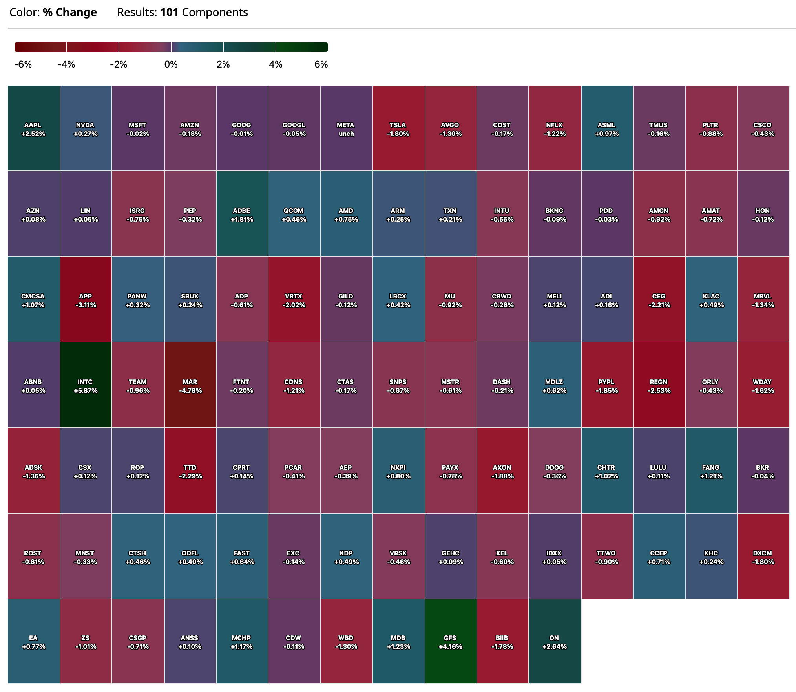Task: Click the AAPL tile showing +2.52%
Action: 33,128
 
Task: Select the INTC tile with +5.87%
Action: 86,385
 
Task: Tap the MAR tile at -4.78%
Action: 190,385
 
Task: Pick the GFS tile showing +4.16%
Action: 450,642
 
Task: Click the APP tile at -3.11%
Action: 86,300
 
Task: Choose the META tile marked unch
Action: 346,128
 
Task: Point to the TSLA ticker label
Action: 398,125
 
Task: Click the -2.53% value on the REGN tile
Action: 659,390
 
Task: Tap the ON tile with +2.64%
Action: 554,642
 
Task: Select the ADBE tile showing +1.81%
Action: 242,214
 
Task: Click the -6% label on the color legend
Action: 23,64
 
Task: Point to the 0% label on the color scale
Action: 171,64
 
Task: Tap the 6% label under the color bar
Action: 321,64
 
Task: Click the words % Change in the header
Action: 70,13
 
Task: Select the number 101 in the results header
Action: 169,13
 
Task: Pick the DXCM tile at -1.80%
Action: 763,557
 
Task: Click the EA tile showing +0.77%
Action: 33,642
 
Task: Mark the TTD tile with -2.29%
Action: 190,471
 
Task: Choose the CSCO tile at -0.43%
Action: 763,128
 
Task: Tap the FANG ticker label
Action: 711,467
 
